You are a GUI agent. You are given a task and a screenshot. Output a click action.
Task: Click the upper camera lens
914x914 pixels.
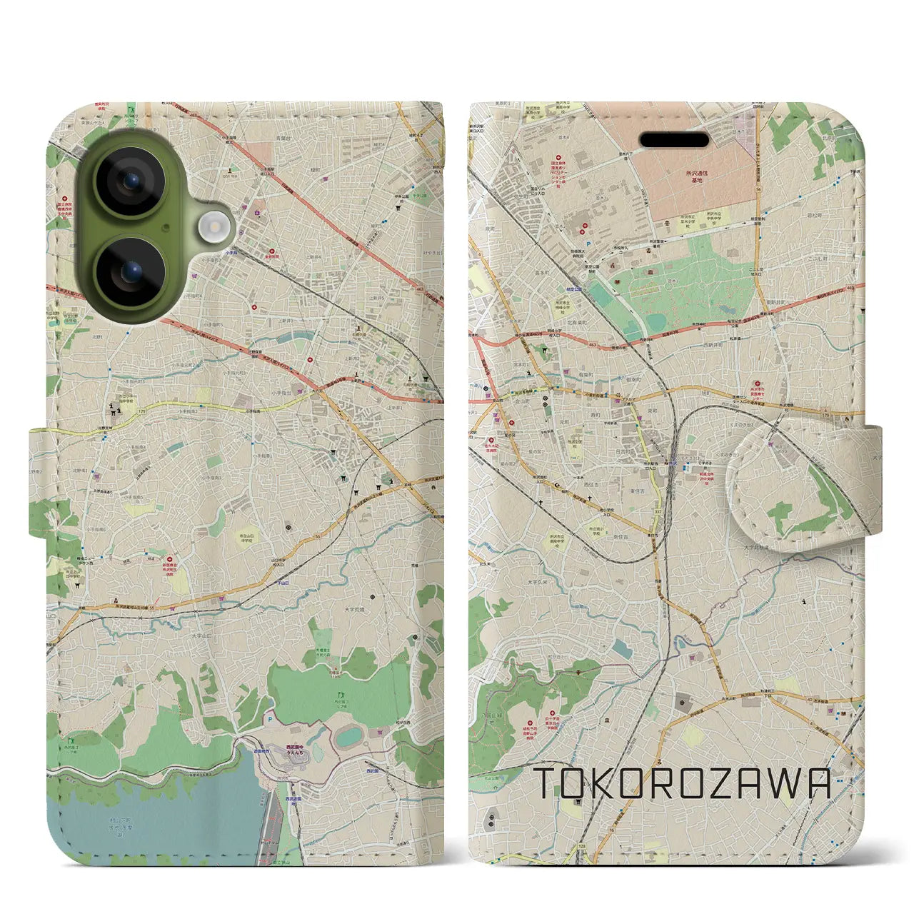click(x=130, y=181)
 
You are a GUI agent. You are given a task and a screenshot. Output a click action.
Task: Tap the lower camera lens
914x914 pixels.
click(x=130, y=272)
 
